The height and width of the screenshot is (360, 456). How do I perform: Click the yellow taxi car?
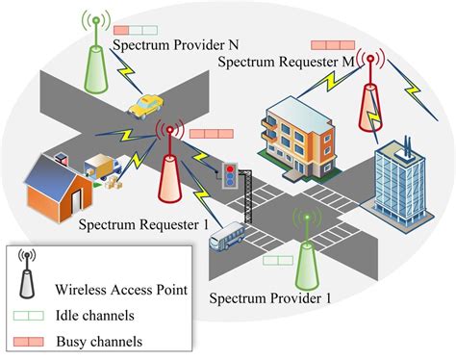145,103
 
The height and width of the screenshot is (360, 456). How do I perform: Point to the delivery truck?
104,169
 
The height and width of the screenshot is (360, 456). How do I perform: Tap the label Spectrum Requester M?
287,63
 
